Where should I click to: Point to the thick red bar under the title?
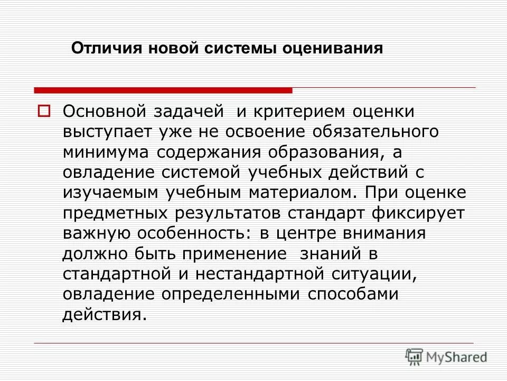tap(163, 90)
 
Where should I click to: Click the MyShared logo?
tap(446, 357)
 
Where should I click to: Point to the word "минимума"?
tap(108, 152)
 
